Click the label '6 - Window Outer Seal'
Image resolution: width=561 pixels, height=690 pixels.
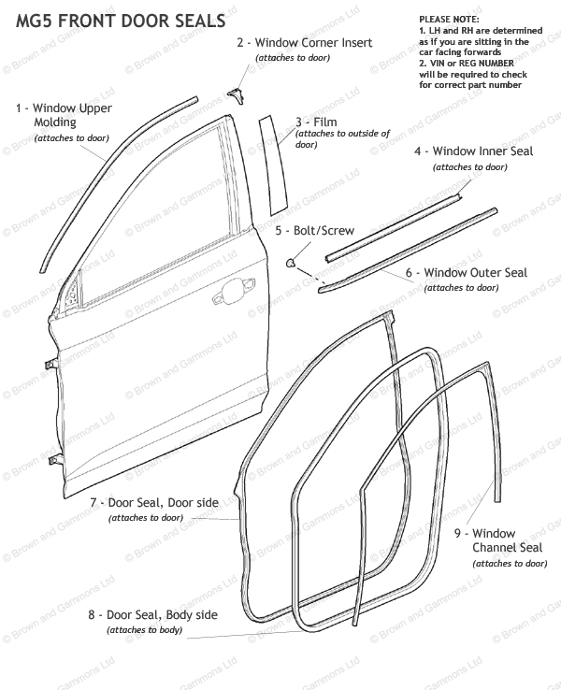[467, 273]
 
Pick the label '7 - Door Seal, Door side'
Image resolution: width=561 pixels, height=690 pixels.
[154, 503]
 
